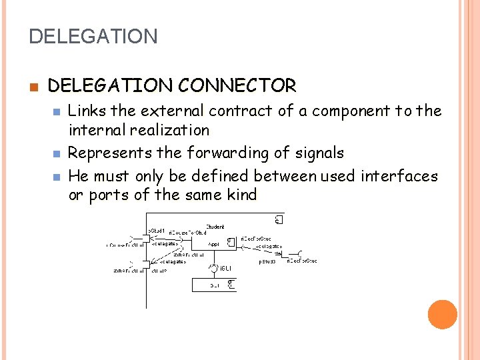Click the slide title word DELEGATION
[x=93, y=36]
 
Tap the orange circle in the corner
[x=443, y=315]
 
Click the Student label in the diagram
[x=215, y=227]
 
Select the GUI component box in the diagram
[x=213, y=285]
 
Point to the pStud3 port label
[x=267, y=261]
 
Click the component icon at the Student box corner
[x=280, y=220]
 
